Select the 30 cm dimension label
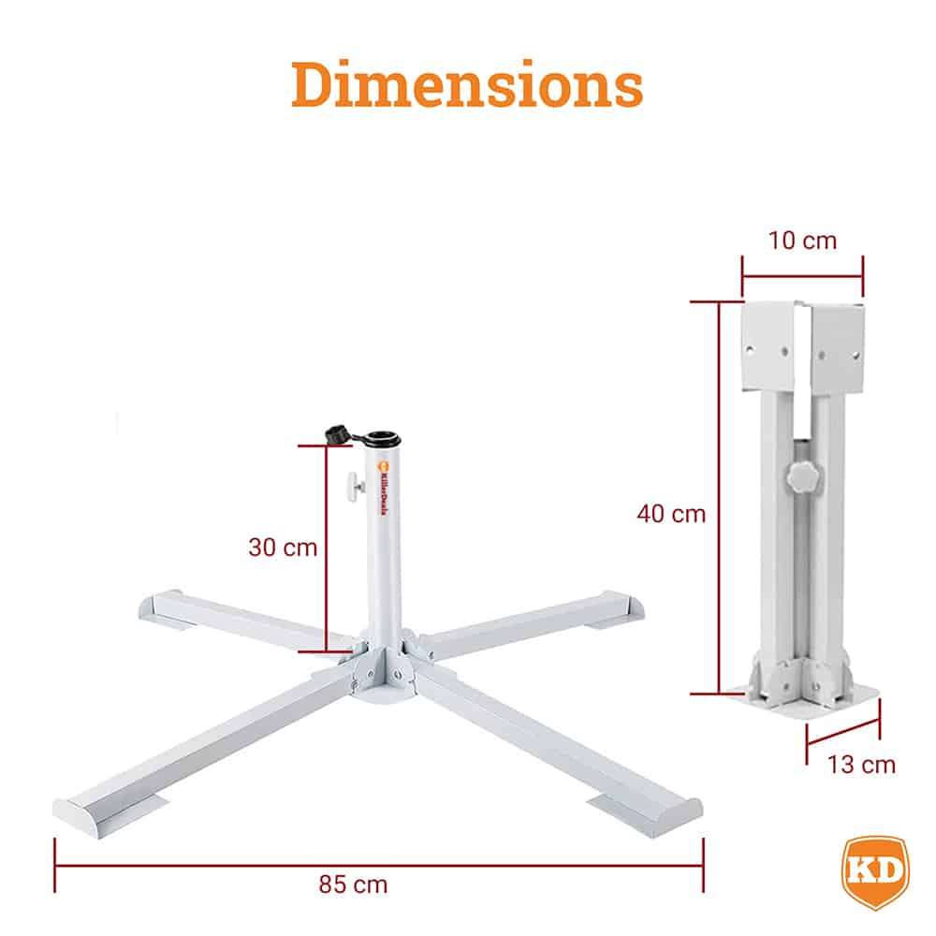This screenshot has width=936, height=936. click(283, 548)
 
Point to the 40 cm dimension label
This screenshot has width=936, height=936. click(671, 513)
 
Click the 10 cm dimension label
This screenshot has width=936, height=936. click(802, 241)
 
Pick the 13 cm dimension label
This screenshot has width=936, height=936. click(862, 765)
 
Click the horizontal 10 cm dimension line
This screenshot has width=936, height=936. click(802, 275)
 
